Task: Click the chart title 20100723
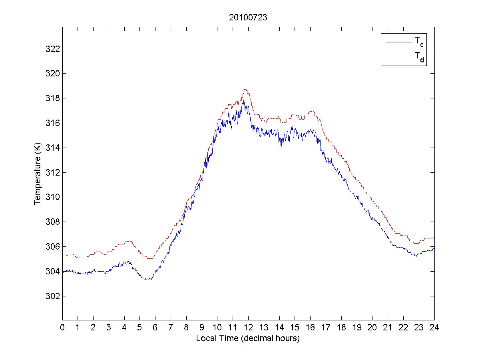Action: [248, 18]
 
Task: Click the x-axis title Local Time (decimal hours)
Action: [248, 338]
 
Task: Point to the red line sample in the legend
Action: [398, 42]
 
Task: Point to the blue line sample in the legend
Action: [398, 57]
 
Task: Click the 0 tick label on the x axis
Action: [62, 327]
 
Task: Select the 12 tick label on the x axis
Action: [248, 327]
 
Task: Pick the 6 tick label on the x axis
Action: [155, 327]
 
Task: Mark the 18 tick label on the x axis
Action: [341, 327]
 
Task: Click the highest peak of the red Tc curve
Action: [245, 89]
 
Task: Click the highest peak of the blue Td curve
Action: [243, 100]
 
